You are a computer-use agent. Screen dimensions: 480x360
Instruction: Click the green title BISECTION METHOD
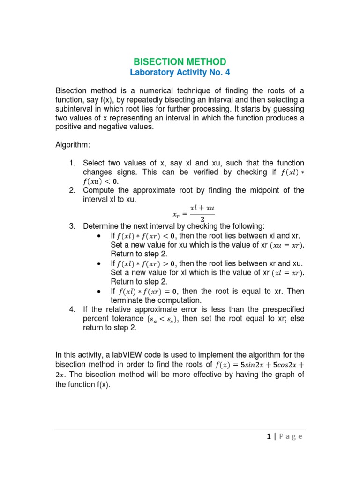point(180,62)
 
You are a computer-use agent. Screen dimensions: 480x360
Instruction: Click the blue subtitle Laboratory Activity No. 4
point(180,73)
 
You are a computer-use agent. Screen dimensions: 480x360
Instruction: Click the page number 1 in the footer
point(269,437)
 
